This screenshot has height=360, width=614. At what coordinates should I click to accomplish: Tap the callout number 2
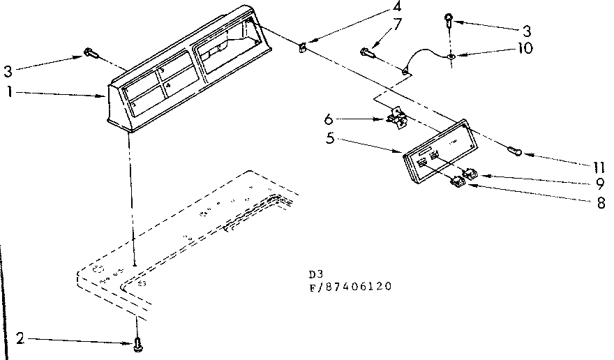[21, 340]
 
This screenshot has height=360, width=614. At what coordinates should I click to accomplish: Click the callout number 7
[397, 26]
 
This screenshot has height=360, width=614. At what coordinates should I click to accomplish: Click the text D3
[313, 274]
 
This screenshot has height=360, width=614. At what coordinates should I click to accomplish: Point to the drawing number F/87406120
[349, 286]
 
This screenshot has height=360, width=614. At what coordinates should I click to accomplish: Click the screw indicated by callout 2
[137, 342]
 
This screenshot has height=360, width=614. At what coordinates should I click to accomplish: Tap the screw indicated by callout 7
[368, 51]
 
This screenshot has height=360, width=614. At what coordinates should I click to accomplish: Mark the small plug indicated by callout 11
[516, 149]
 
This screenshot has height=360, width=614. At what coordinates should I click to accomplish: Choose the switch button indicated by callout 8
[457, 182]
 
